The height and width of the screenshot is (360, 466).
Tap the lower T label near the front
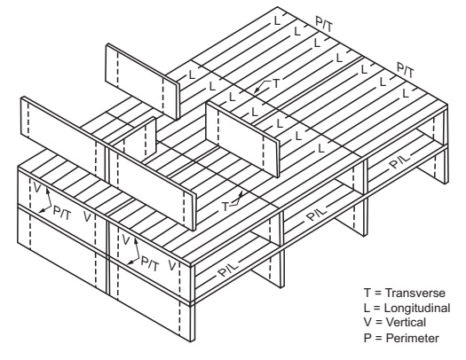[x=225, y=206]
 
